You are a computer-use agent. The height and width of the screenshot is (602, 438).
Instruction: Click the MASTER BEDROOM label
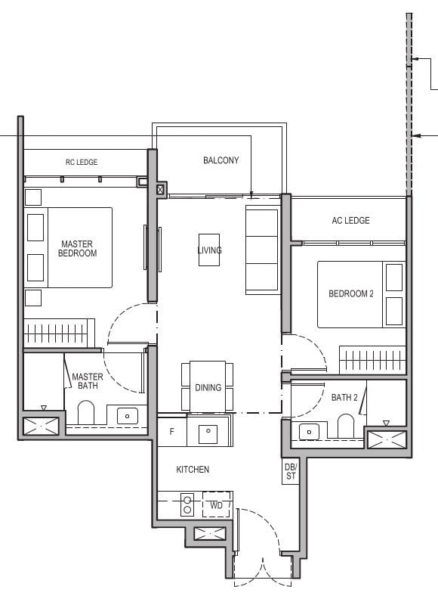click(x=78, y=248)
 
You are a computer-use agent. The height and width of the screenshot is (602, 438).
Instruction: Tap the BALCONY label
click(x=221, y=160)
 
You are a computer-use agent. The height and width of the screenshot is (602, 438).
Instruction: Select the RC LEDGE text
click(x=82, y=162)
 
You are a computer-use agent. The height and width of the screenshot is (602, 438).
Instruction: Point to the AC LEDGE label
click(x=350, y=221)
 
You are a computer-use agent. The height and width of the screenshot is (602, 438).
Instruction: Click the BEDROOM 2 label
click(x=350, y=293)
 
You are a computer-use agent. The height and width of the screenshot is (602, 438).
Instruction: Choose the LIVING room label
click(x=210, y=250)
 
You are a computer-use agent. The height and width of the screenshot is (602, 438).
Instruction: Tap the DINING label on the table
click(x=208, y=387)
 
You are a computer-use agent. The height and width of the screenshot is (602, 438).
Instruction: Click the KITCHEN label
click(x=193, y=470)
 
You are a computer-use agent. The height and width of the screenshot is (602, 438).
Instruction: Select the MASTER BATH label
click(x=87, y=381)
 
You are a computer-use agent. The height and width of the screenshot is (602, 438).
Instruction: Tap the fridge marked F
click(x=171, y=432)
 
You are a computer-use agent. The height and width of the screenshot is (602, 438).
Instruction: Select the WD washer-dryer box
click(x=216, y=505)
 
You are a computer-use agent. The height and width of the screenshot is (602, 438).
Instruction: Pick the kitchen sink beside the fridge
click(x=207, y=433)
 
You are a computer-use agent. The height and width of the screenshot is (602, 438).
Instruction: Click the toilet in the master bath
click(x=86, y=412)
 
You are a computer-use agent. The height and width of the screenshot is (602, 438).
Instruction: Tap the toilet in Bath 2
click(x=347, y=426)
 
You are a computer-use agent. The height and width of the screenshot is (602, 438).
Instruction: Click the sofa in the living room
click(x=261, y=250)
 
